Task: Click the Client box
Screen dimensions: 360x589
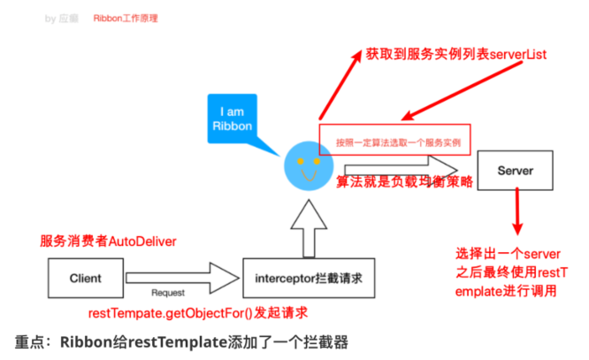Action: [85, 278]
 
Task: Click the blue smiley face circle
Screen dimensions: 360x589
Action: [306, 164]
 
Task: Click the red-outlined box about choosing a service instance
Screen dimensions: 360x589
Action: [395, 139]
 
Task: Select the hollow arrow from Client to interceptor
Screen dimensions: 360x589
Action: [182, 277]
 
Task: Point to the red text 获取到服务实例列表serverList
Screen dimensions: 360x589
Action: [456, 55]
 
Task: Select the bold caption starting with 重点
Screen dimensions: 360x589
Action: [182, 342]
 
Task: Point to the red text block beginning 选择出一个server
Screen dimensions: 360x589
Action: [512, 272]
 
